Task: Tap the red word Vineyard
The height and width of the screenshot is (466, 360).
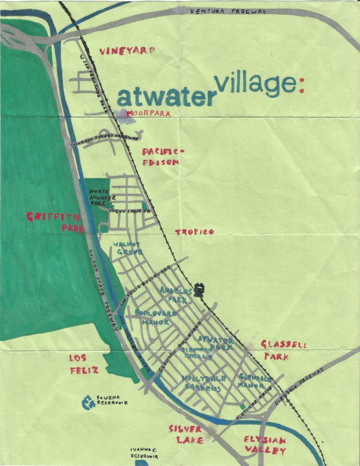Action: click(x=126, y=50)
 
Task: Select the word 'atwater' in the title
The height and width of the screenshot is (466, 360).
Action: click(x=165, y=97)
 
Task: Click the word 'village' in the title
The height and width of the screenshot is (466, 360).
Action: click(x=255, y=85)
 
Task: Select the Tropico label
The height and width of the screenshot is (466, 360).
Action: click(x=194, y=232)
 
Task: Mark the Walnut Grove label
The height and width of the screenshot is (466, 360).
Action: click(x=127, y=248)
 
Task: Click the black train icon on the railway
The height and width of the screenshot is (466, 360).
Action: click(x=200, y=288)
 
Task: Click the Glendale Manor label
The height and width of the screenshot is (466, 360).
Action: click(x=255, y=382)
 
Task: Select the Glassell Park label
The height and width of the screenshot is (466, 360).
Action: click(x=284, y=350)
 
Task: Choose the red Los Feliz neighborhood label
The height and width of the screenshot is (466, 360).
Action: click(x=83, y=364)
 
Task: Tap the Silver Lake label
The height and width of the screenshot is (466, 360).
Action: click(x=186, y=434)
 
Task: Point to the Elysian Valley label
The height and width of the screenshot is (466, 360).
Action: click(x=264, y=445)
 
